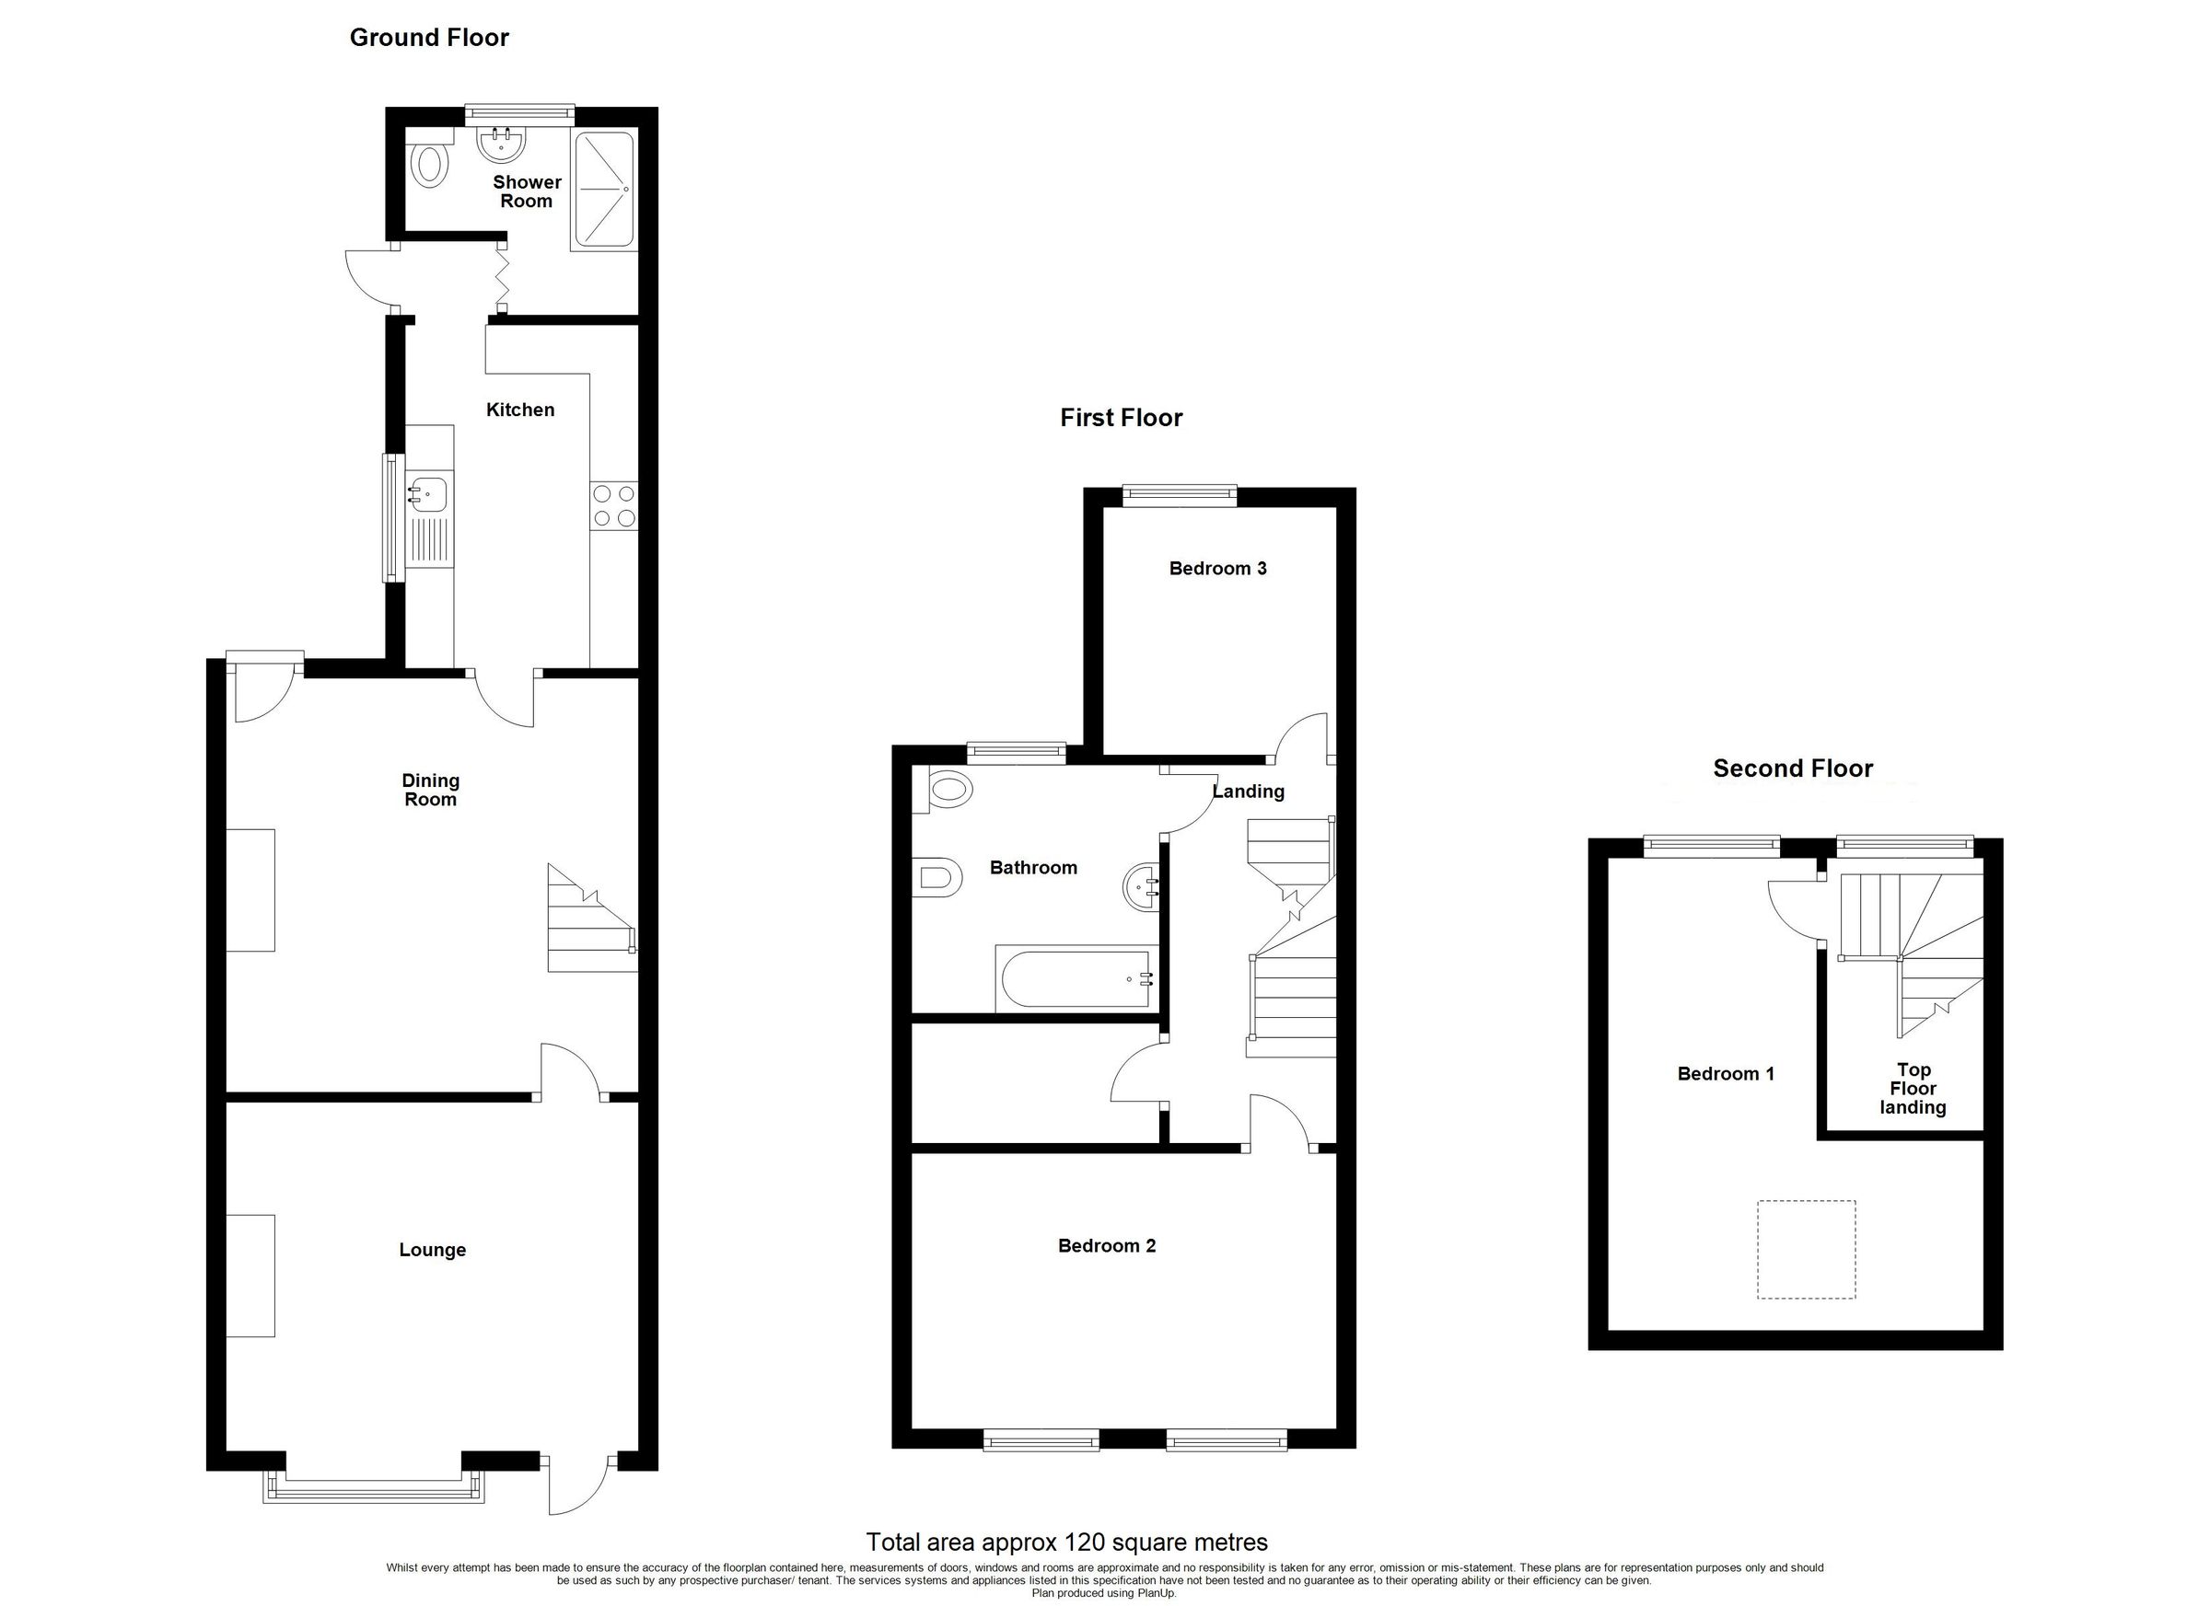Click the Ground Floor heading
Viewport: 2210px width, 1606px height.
click(x=429, y=38)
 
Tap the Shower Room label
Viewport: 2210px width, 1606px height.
click(x=526, y=191)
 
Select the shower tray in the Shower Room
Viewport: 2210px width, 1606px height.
click(x=603, y=189)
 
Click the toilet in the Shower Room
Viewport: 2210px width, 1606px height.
click(x=430, y=167)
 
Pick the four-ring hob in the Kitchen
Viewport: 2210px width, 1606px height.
click(x=614, y=506)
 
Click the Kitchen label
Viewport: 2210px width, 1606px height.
click(x=520, y=410)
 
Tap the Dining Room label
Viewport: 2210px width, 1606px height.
click(x=430, y=790)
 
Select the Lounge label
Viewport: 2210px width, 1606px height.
click(x=432, y=1250)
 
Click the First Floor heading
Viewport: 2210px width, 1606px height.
click(x=1121, y=419)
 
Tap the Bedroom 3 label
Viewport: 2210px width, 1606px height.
click(x=1217, y=569)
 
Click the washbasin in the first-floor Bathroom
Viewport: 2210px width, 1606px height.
click(x=1141, y=887)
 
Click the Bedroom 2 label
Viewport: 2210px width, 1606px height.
click(x=1106, y=1245)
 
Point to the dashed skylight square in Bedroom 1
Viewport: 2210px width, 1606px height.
click(x=1806, y=1250)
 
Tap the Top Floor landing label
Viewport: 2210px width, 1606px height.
click(x=1913, y=1089)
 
